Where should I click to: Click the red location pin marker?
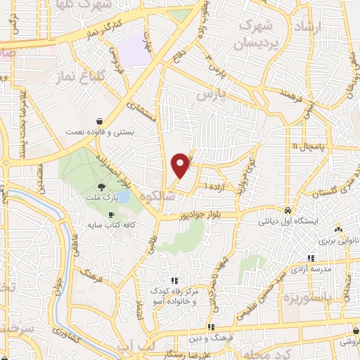click(x=181, y=165)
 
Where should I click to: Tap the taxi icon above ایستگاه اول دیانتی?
click(x=288, y=210)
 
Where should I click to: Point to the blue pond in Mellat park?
click(x=123, y=198)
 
